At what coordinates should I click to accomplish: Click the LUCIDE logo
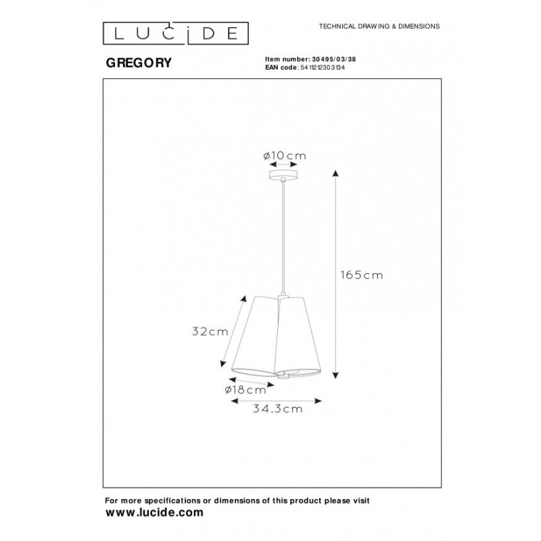(x=176, y=33)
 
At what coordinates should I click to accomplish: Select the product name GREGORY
(x=139, y=63)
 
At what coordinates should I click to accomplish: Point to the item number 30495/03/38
(x=334, y=60)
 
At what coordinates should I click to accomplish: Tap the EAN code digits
(x=323, y=68)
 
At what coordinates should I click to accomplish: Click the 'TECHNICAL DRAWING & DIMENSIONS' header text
(x=379, y=26)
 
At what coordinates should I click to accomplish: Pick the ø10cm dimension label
(x=285, y=156)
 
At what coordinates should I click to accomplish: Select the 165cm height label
(x=362, y=275)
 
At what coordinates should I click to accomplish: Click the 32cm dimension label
(x=210, y=331)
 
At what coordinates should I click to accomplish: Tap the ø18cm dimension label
(x=245, y=390)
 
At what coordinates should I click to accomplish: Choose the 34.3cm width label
(x=277, y=409)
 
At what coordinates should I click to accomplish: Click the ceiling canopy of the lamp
(x=283, y=174)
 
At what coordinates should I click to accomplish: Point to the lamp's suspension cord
(x=283, y=236)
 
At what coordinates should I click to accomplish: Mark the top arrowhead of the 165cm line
(x=335, y=173)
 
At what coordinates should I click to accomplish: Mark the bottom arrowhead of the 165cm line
(x=335, y=375)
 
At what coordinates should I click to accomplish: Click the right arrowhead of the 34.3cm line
(x=319, y=400)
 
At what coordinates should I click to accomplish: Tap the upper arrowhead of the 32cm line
(x=244, y=299)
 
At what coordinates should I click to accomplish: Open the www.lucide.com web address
(x=154, y=513)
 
